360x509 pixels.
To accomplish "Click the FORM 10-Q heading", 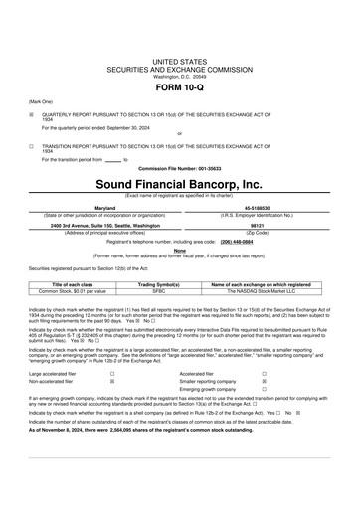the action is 180,85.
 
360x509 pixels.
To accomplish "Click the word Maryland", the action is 104,207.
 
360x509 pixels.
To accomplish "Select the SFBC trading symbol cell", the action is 159,290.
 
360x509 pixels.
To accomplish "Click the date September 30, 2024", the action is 138,127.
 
